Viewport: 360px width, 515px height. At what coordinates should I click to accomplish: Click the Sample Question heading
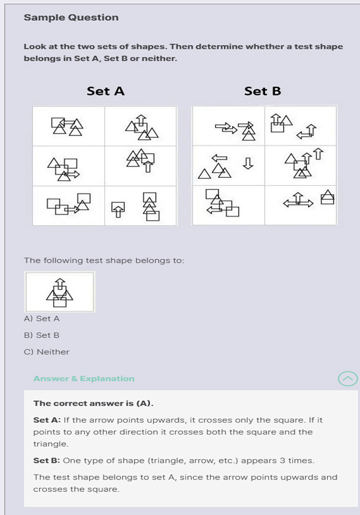[x=71, y=18]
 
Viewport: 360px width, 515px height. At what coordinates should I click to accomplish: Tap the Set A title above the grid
[x=106, y=91]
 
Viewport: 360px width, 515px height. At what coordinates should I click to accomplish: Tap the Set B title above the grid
[x=263, y=91]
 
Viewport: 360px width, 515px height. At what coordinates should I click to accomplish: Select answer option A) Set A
[x=42, y=319]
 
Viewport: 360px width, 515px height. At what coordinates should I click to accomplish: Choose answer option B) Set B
[x=42, y=335]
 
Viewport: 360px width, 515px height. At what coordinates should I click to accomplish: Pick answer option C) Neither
[x=47, y=352]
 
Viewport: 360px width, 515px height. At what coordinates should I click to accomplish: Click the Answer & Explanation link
[x=84, y=378]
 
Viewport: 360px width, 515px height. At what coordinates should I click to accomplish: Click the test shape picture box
[x=59, y=292]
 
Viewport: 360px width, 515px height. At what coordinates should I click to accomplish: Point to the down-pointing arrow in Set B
[x=248, y=163]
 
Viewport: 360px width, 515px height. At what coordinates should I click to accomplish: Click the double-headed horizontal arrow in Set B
[x=298, y=204]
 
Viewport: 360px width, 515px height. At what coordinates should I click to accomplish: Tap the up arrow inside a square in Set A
[x=118, y=210]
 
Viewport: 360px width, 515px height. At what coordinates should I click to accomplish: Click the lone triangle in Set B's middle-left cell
[x=204, y=174]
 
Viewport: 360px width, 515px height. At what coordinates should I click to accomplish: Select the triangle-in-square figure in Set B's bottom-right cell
[x=328, y=197]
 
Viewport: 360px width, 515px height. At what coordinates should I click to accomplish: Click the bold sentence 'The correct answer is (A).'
[x=93, y=403]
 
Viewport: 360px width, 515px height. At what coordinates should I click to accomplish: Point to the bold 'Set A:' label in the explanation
[x=47, y=420]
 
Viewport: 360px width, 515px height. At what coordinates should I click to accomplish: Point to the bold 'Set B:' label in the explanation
[x=47, y=461]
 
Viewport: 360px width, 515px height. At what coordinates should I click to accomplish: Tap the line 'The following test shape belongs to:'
[x=104, y=261]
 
